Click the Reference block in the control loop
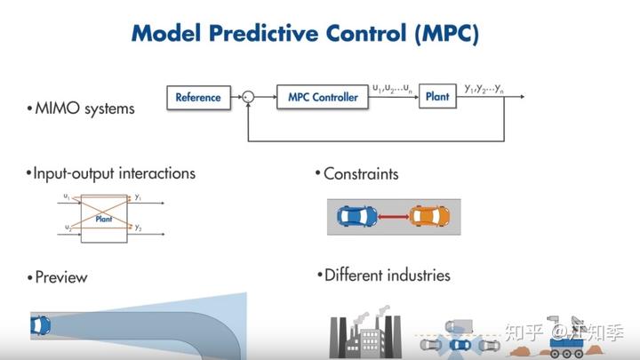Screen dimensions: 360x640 [x=197, y=97]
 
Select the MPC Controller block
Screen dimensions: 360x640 [x=323, y=97]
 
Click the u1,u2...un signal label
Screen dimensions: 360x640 [x=392, y=88]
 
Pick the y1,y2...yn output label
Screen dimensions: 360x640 [x=484, y=88]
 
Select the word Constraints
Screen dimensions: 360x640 [x=361, y=174]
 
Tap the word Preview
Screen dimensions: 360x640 [x=61, y=277]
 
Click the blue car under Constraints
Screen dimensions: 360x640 [x=356, y=216]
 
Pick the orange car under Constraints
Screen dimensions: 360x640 [x=428, y=216]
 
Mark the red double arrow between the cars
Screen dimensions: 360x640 [x=392, y=216]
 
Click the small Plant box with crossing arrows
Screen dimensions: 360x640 [x=104, y=217]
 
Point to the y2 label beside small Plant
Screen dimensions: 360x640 [x=138, y=228]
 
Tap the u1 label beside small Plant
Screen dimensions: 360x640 [x=67, y=196]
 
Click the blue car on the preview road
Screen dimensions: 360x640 [x=41, y=326]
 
